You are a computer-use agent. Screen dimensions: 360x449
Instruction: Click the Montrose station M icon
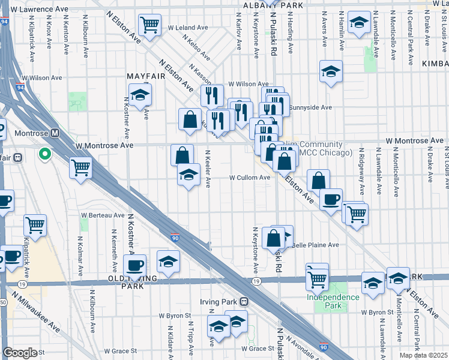pos(55,133)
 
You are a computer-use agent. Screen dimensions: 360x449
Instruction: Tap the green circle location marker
pos(44,154)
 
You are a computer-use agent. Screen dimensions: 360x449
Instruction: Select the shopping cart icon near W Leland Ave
pos(149,25)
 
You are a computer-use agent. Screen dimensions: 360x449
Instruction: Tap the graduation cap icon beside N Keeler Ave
pos(188,175)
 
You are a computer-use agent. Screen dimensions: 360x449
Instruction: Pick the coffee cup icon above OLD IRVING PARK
pos(134,265)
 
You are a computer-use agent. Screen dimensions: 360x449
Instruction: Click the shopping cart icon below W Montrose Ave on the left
pos(80,168)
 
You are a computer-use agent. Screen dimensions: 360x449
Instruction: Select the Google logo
pos(20,353)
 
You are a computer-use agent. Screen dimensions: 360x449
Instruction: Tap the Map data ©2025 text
pos(424,355)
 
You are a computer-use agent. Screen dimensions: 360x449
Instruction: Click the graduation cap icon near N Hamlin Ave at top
pos(358,24)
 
